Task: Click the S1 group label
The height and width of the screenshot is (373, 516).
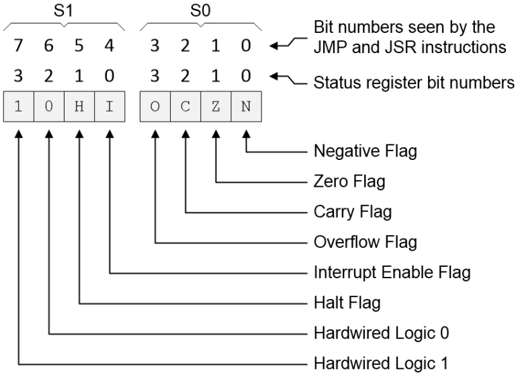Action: [64, 11]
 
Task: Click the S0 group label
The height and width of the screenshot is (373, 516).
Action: [201, 11]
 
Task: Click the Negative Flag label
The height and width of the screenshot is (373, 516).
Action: [365, 151]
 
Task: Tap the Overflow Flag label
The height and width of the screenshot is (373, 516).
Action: [365, 242]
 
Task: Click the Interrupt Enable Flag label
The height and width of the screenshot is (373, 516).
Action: [392, 272]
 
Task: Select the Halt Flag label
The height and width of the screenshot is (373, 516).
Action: [347, 302]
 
